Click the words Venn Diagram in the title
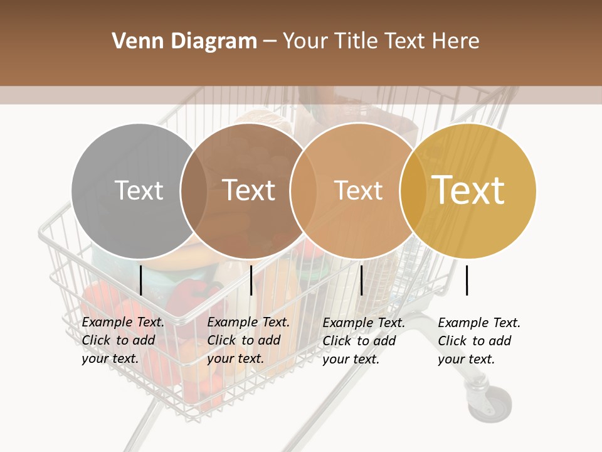pos(184,41)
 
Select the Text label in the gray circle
pos(139,190)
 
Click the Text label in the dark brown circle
pos(249,190)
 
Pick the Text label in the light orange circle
pos(358,190)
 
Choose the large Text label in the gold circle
pos(468,190)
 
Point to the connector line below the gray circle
pos(141,280)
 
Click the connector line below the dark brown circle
pos(251,280)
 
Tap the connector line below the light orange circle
pos(361,280)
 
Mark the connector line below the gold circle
pos(467,280)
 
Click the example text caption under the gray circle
pos(123,340)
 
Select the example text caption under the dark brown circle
pos(248,340)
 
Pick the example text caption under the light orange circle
pos(364,341)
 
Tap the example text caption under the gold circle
pos(479,341)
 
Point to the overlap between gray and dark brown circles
pos(194,190)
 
